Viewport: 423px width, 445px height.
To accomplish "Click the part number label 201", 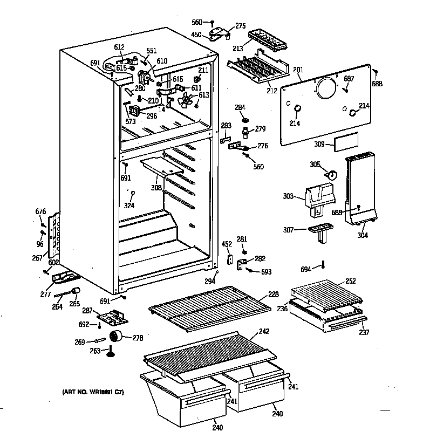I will pyautogui.click(x=298, y=69).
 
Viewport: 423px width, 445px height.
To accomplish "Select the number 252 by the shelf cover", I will pyautogui.click(x=351, y=281).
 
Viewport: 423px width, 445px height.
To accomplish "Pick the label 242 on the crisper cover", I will pyautogui.click(x=264, y=331).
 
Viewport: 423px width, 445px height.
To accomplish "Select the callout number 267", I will pyautogui.click(x=37, y=258).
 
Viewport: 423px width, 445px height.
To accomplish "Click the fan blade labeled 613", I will pyautogui.click(x=187, y=100).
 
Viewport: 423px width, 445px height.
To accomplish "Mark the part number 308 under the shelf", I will pyautogui.click(x=156, y=188).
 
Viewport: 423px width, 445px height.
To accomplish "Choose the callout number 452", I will pyautogui.click(x=226, y=244).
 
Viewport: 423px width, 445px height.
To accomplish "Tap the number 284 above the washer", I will pyautogui.click(x=240, y=107).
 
